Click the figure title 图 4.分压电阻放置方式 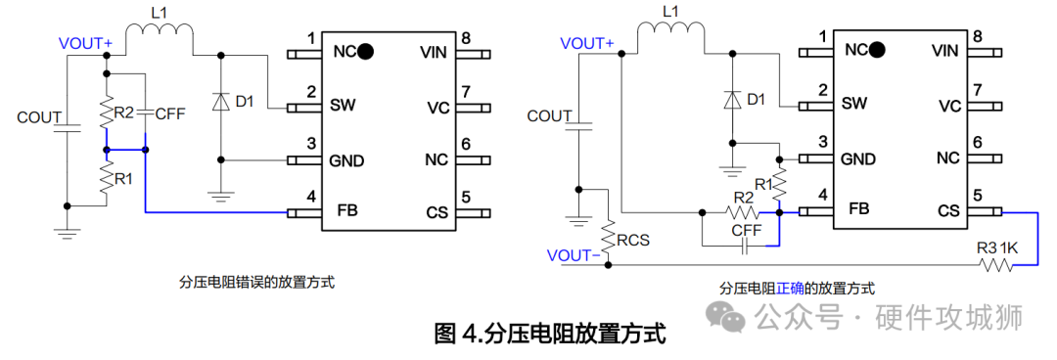point(549,334)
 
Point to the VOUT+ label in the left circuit point(85,44)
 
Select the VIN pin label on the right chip point(944,50)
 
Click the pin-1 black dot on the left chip point(365,51)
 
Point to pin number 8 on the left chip point(466,38)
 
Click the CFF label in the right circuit point(747,231)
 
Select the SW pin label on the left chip point(342,105)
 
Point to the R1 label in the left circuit point(123,179)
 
